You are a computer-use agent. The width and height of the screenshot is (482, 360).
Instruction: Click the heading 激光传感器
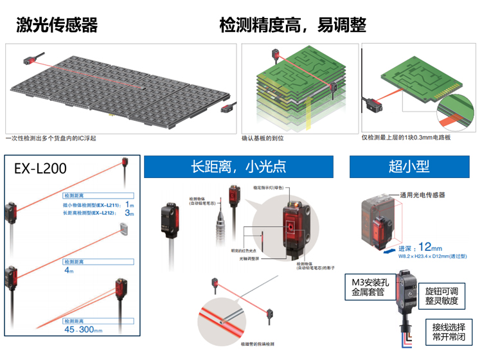pyautogui.click(x=57, y=25)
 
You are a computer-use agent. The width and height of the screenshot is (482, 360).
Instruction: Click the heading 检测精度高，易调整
pyautogui.click(x=292, y=25)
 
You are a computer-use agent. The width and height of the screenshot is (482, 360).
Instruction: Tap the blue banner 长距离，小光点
pyautogui.click(x=239, y=166)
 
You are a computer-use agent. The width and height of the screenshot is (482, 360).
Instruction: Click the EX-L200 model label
pyautogui.click(x=40, y=169)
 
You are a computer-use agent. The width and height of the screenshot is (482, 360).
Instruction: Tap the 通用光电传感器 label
pyautogui.click(x=422, y=195)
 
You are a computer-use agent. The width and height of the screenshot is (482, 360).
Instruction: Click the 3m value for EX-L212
pyautogui.click(x=130, y=213)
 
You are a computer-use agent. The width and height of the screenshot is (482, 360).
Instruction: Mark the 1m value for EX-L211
pyautogui.click(x=130, y=204)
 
